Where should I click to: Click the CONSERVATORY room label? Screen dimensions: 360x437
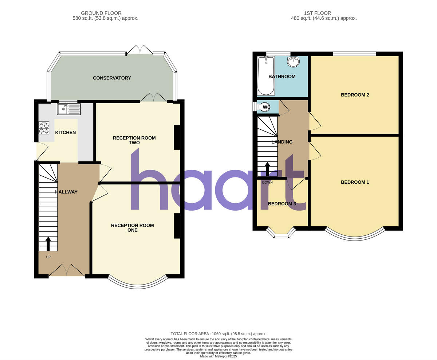[x=112, y=78]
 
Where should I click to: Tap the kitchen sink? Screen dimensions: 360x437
[x=68, y=109]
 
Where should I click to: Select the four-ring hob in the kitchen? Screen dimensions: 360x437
[x=44, y=128]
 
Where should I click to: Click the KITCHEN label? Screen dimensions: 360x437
[x=66, y=133]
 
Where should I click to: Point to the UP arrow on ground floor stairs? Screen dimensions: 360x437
[x=48, y=244]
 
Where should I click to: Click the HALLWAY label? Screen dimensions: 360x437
[x=66, y=192]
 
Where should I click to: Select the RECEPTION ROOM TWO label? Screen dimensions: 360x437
[x=134, y=140]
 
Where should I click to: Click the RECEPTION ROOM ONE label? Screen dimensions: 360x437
[x=132, y=228]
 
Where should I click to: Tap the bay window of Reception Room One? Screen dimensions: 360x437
[x=138, y=284]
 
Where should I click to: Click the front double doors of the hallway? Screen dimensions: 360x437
[x=67, y=271]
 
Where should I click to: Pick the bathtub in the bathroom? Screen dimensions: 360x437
[x=265, y=75]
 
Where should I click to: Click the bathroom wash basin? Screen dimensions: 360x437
[x=293, y=62]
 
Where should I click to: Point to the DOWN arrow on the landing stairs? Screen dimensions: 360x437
[x=267, y=169]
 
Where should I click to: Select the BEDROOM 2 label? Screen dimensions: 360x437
[x=355, y=95]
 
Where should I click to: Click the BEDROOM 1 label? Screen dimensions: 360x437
[x=355, y=182]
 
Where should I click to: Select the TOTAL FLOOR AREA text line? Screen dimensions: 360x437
[x=219, y=334]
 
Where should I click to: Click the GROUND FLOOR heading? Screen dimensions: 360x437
[x=101, y=13]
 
